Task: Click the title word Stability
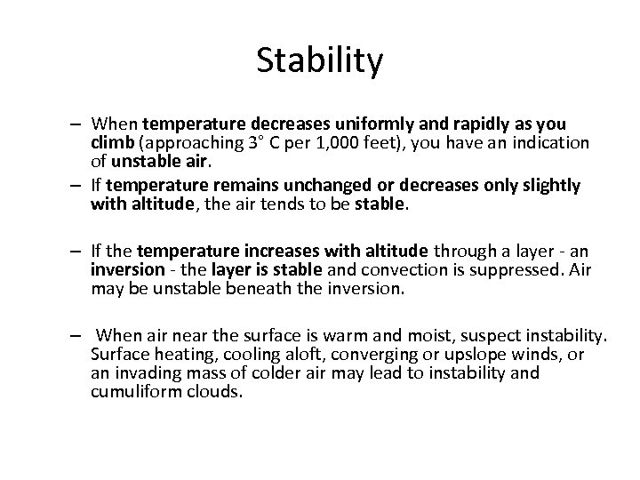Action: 320,60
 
